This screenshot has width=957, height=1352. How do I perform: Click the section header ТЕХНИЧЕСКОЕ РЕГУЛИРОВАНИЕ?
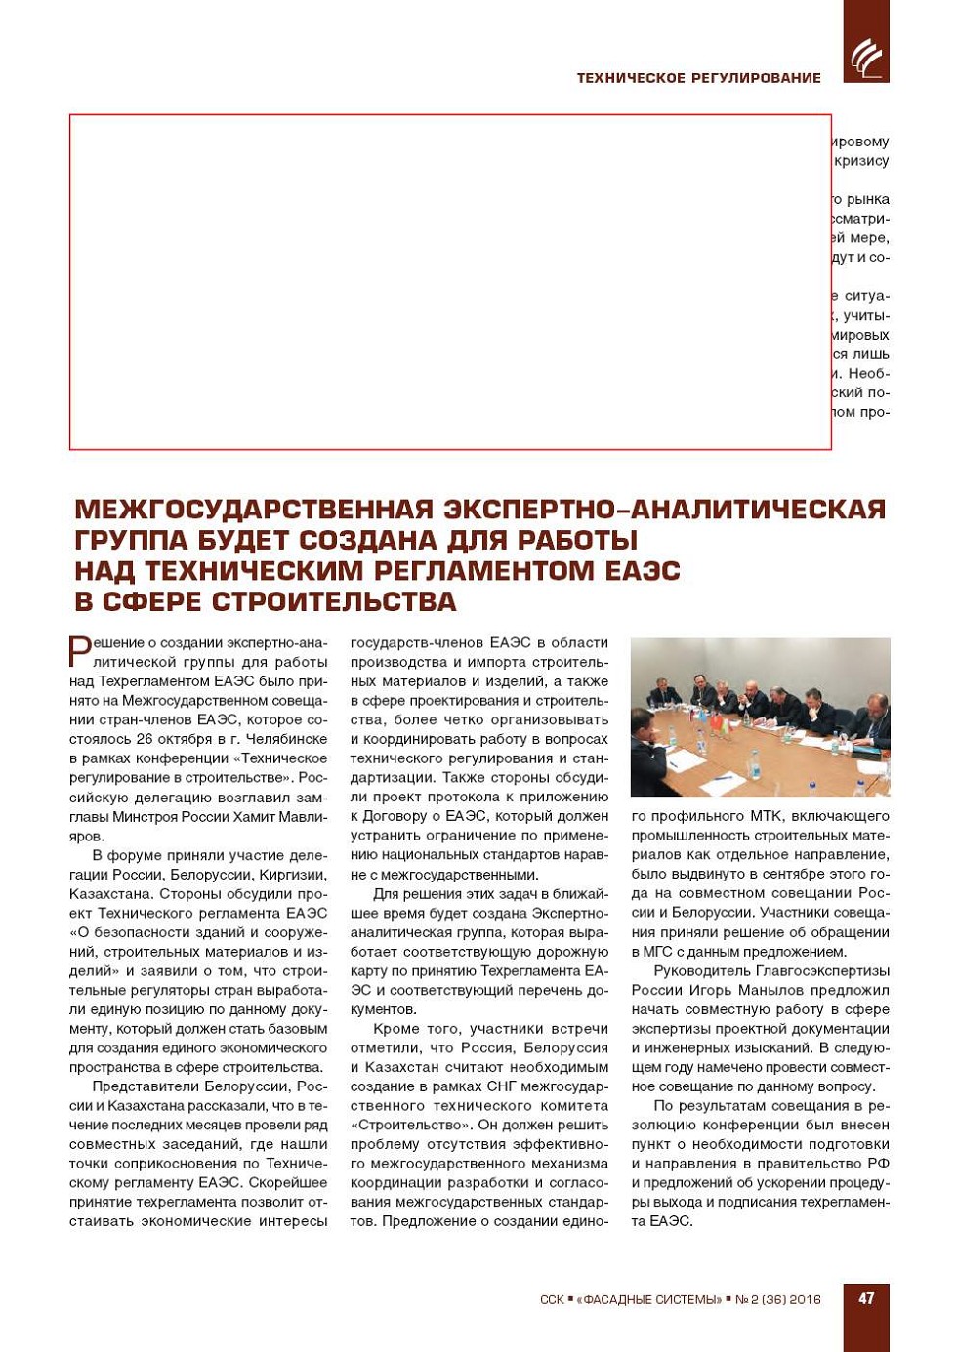[698, 78]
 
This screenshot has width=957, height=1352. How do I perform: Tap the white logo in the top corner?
[865, 58]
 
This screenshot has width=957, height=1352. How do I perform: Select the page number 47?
[866, 1298]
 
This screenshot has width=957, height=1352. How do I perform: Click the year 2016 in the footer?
[806, 1299]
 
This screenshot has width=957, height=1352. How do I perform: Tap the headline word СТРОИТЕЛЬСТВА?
[334, 601]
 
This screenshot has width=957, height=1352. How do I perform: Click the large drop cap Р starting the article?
[79, 651]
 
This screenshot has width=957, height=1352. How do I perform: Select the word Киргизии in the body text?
[296, 875]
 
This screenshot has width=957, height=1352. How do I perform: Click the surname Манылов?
[774, 990]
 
